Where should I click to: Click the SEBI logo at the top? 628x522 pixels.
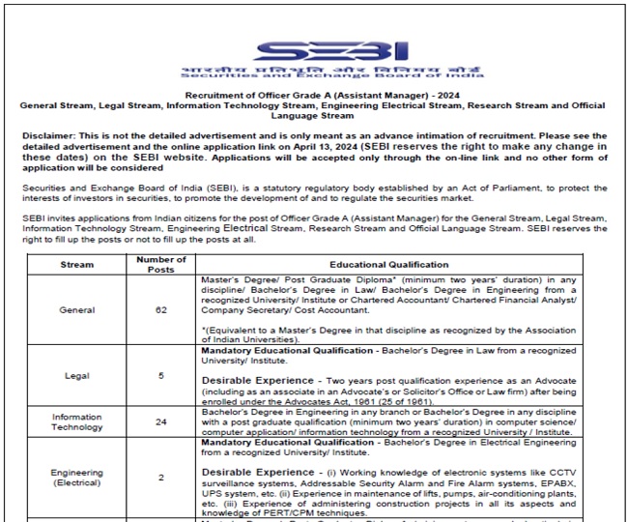(x=315, y=52)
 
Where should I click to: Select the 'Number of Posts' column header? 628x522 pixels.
(x=160, y=264)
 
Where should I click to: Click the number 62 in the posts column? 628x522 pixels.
(x=160, y=310)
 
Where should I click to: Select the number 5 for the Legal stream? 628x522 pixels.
(x=160, y=375)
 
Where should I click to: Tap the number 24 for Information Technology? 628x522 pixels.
(x=160, y=421)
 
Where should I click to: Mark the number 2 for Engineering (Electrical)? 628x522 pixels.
(x=160, y=478)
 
